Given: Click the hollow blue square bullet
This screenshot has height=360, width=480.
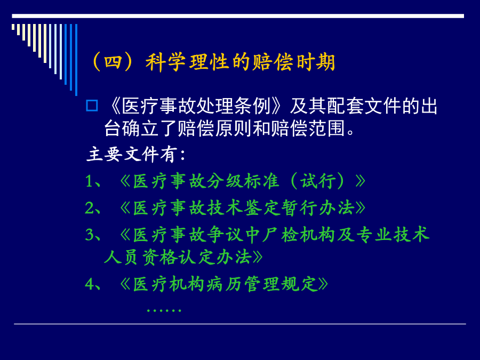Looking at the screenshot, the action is point(92,106).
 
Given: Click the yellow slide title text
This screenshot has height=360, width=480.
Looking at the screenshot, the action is point(213,62).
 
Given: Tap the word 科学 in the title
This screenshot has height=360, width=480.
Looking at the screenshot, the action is point(166,62).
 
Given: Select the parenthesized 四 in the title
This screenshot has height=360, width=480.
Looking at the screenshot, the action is point(113,62).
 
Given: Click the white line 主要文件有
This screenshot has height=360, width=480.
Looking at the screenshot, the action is point(136,154).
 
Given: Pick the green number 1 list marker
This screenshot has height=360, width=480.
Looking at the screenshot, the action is point(89,181).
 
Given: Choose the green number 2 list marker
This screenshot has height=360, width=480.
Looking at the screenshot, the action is point(90,208).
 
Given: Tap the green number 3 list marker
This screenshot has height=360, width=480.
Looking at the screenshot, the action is point(90,235).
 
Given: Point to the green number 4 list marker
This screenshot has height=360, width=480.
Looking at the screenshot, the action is point(90,284).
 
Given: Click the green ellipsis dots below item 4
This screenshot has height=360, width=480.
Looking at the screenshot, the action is point(164,310).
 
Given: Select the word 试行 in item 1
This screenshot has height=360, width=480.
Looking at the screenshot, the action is point(318,181).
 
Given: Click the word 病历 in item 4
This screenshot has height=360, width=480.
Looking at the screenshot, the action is point(225,284).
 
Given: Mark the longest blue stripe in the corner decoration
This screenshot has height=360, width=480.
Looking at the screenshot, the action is point(76,60).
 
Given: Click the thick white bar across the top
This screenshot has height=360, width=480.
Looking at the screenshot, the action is point(238,16).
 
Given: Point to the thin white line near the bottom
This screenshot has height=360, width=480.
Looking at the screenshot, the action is point(239,324).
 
